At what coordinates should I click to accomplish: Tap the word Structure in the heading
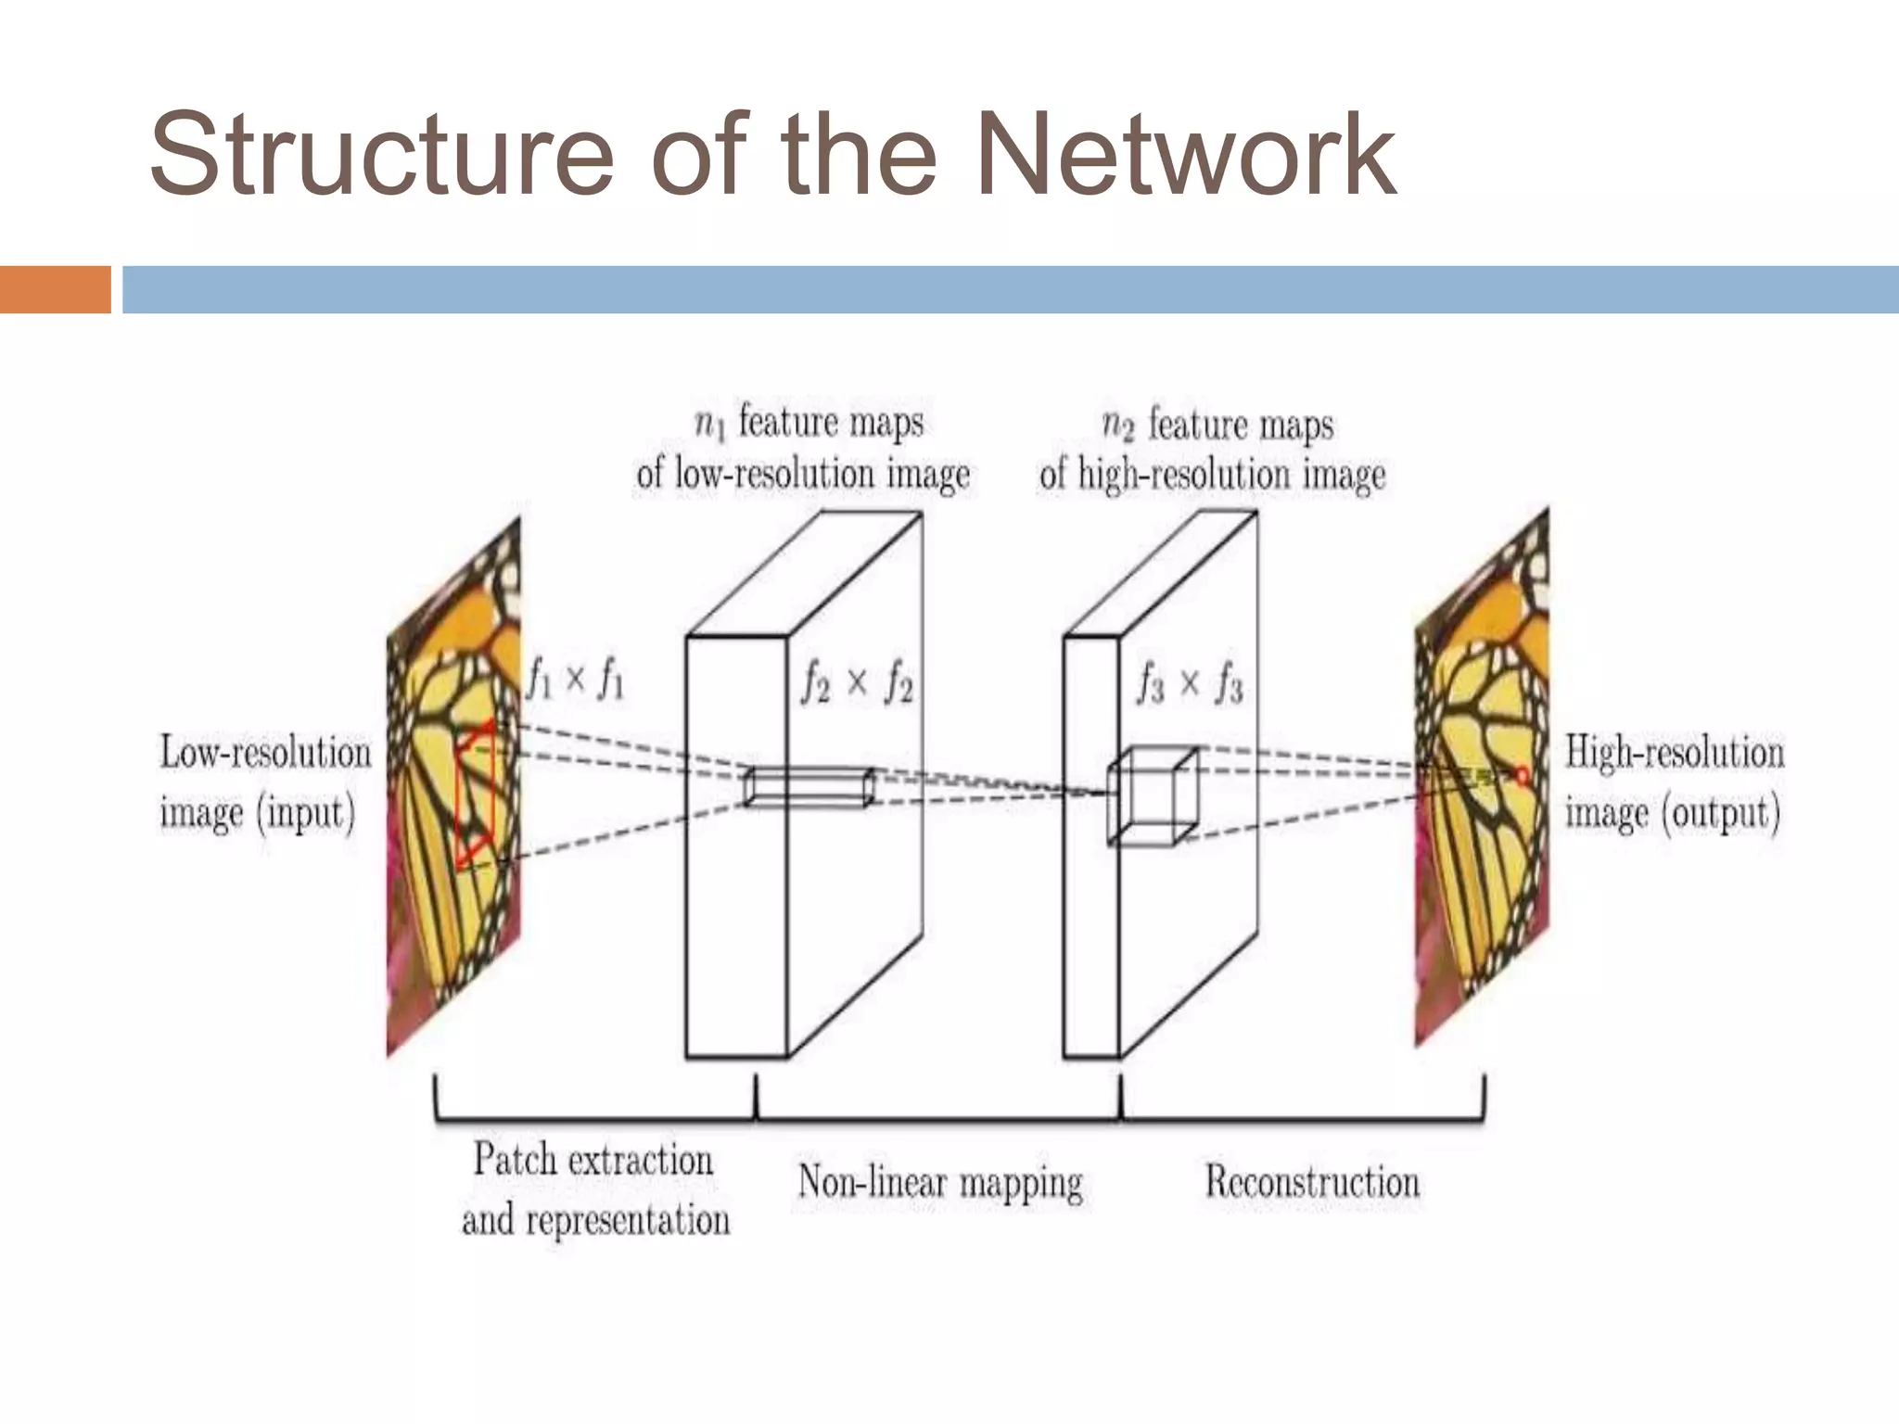(380, 156)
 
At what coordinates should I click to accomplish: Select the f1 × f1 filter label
(576, 681)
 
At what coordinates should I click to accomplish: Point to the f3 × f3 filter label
(1190, 686)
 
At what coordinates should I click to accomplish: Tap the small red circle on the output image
(1522, 774)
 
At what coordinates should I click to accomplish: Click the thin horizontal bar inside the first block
(809, 787)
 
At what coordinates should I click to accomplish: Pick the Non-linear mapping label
(940, 1183)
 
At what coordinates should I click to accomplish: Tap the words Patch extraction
(593, 1161)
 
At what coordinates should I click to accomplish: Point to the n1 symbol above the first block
(709, 424)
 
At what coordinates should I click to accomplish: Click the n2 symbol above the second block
(1118, 426)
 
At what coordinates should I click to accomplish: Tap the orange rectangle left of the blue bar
(55, 289)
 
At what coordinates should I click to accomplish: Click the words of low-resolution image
(803, 475)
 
